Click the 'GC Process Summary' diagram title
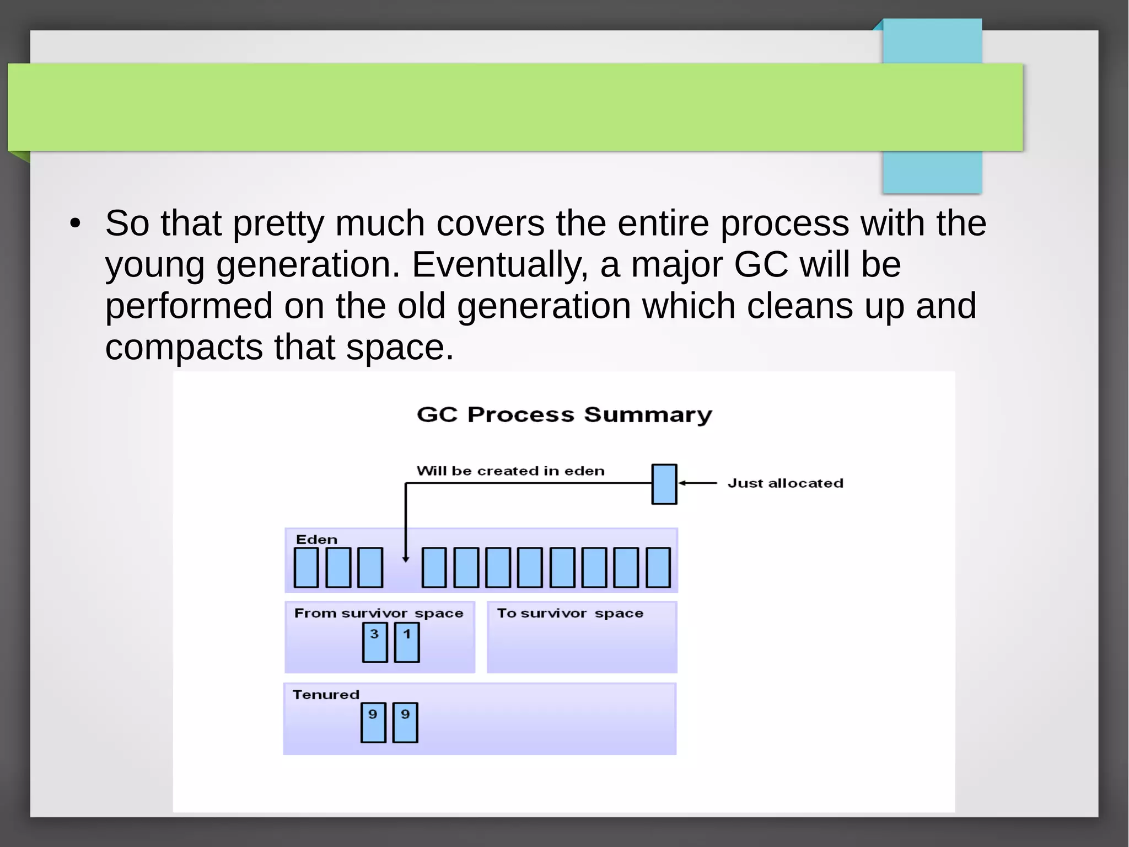tap(564, 414)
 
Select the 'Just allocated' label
tap(785, 483)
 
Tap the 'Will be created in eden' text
tap(510, 471)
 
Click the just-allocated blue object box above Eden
tap(664, 484)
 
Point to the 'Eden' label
tap(316, 540)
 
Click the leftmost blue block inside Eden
tap(306, 567)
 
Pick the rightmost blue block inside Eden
tap(658, 567)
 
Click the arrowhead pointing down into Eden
tap(406, 559)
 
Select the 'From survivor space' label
tap(379, 613)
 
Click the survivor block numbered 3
tap(375, 642)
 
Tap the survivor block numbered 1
tap(407, 642)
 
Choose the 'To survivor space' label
tap(570, 613)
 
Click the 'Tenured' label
tap(326, 695)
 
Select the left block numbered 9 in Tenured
tap(373, 722)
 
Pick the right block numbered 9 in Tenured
tap(405, 722)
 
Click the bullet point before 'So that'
tap(76, 224)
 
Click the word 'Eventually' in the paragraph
tap(499, 265)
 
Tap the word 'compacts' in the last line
tap(184, 348)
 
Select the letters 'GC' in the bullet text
tap(761, 265)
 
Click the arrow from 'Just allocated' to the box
tap(697, 483)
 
